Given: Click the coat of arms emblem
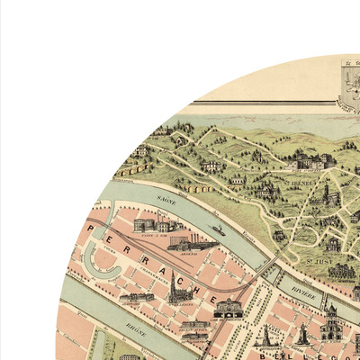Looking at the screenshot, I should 347,85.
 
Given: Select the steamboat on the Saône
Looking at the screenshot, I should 217,229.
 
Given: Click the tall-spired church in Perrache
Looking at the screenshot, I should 175,289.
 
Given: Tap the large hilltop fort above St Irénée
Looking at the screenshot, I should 310,162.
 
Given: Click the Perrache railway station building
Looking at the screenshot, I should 228,308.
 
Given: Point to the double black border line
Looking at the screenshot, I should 270,101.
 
